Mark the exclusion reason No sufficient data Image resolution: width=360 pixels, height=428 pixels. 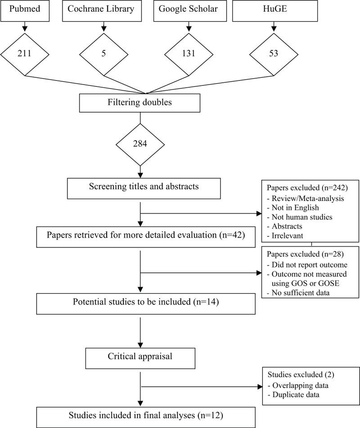pos(299,293)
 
